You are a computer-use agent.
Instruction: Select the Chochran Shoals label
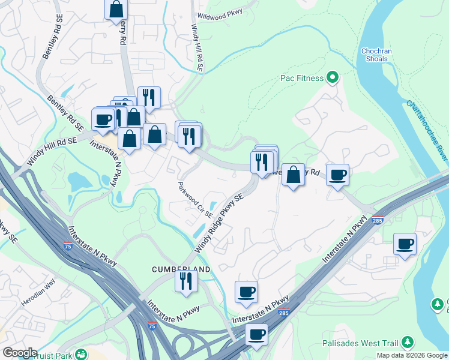(x=376, y=55)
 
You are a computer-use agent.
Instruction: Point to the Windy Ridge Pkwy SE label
(x=220, y=223)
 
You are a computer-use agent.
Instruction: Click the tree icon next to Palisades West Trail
(x=408, y=343)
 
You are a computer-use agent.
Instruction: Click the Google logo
(x=20, y=352)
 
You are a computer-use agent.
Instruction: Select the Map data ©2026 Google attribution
(x=412, y=355)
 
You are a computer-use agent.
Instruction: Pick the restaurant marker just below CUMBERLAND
(x=186, y=280)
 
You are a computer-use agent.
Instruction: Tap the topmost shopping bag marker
(x=116, y=10)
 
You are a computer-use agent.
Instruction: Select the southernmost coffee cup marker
(x=257, y=334)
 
